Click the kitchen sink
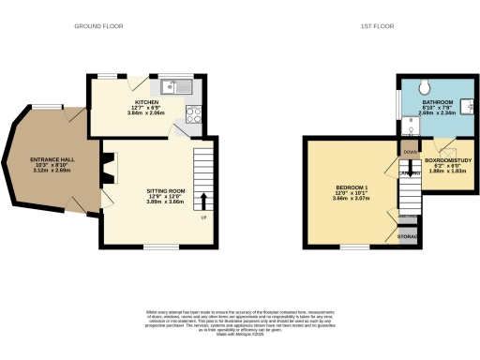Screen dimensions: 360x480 tap(175, 88)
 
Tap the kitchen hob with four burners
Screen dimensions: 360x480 tap(196, 115)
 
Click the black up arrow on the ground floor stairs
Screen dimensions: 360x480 tap(204, 199)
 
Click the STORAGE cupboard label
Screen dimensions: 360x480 tap(407, 235)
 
